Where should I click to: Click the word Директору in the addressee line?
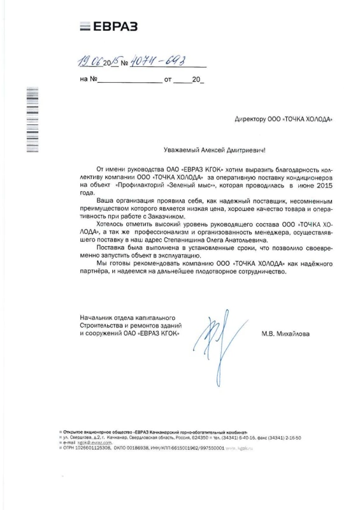tap(252, 119)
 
